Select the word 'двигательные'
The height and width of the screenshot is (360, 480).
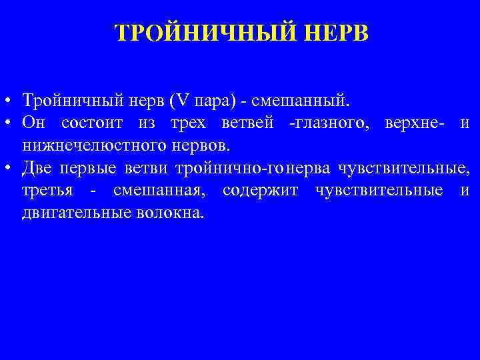[x=75, y=213]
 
